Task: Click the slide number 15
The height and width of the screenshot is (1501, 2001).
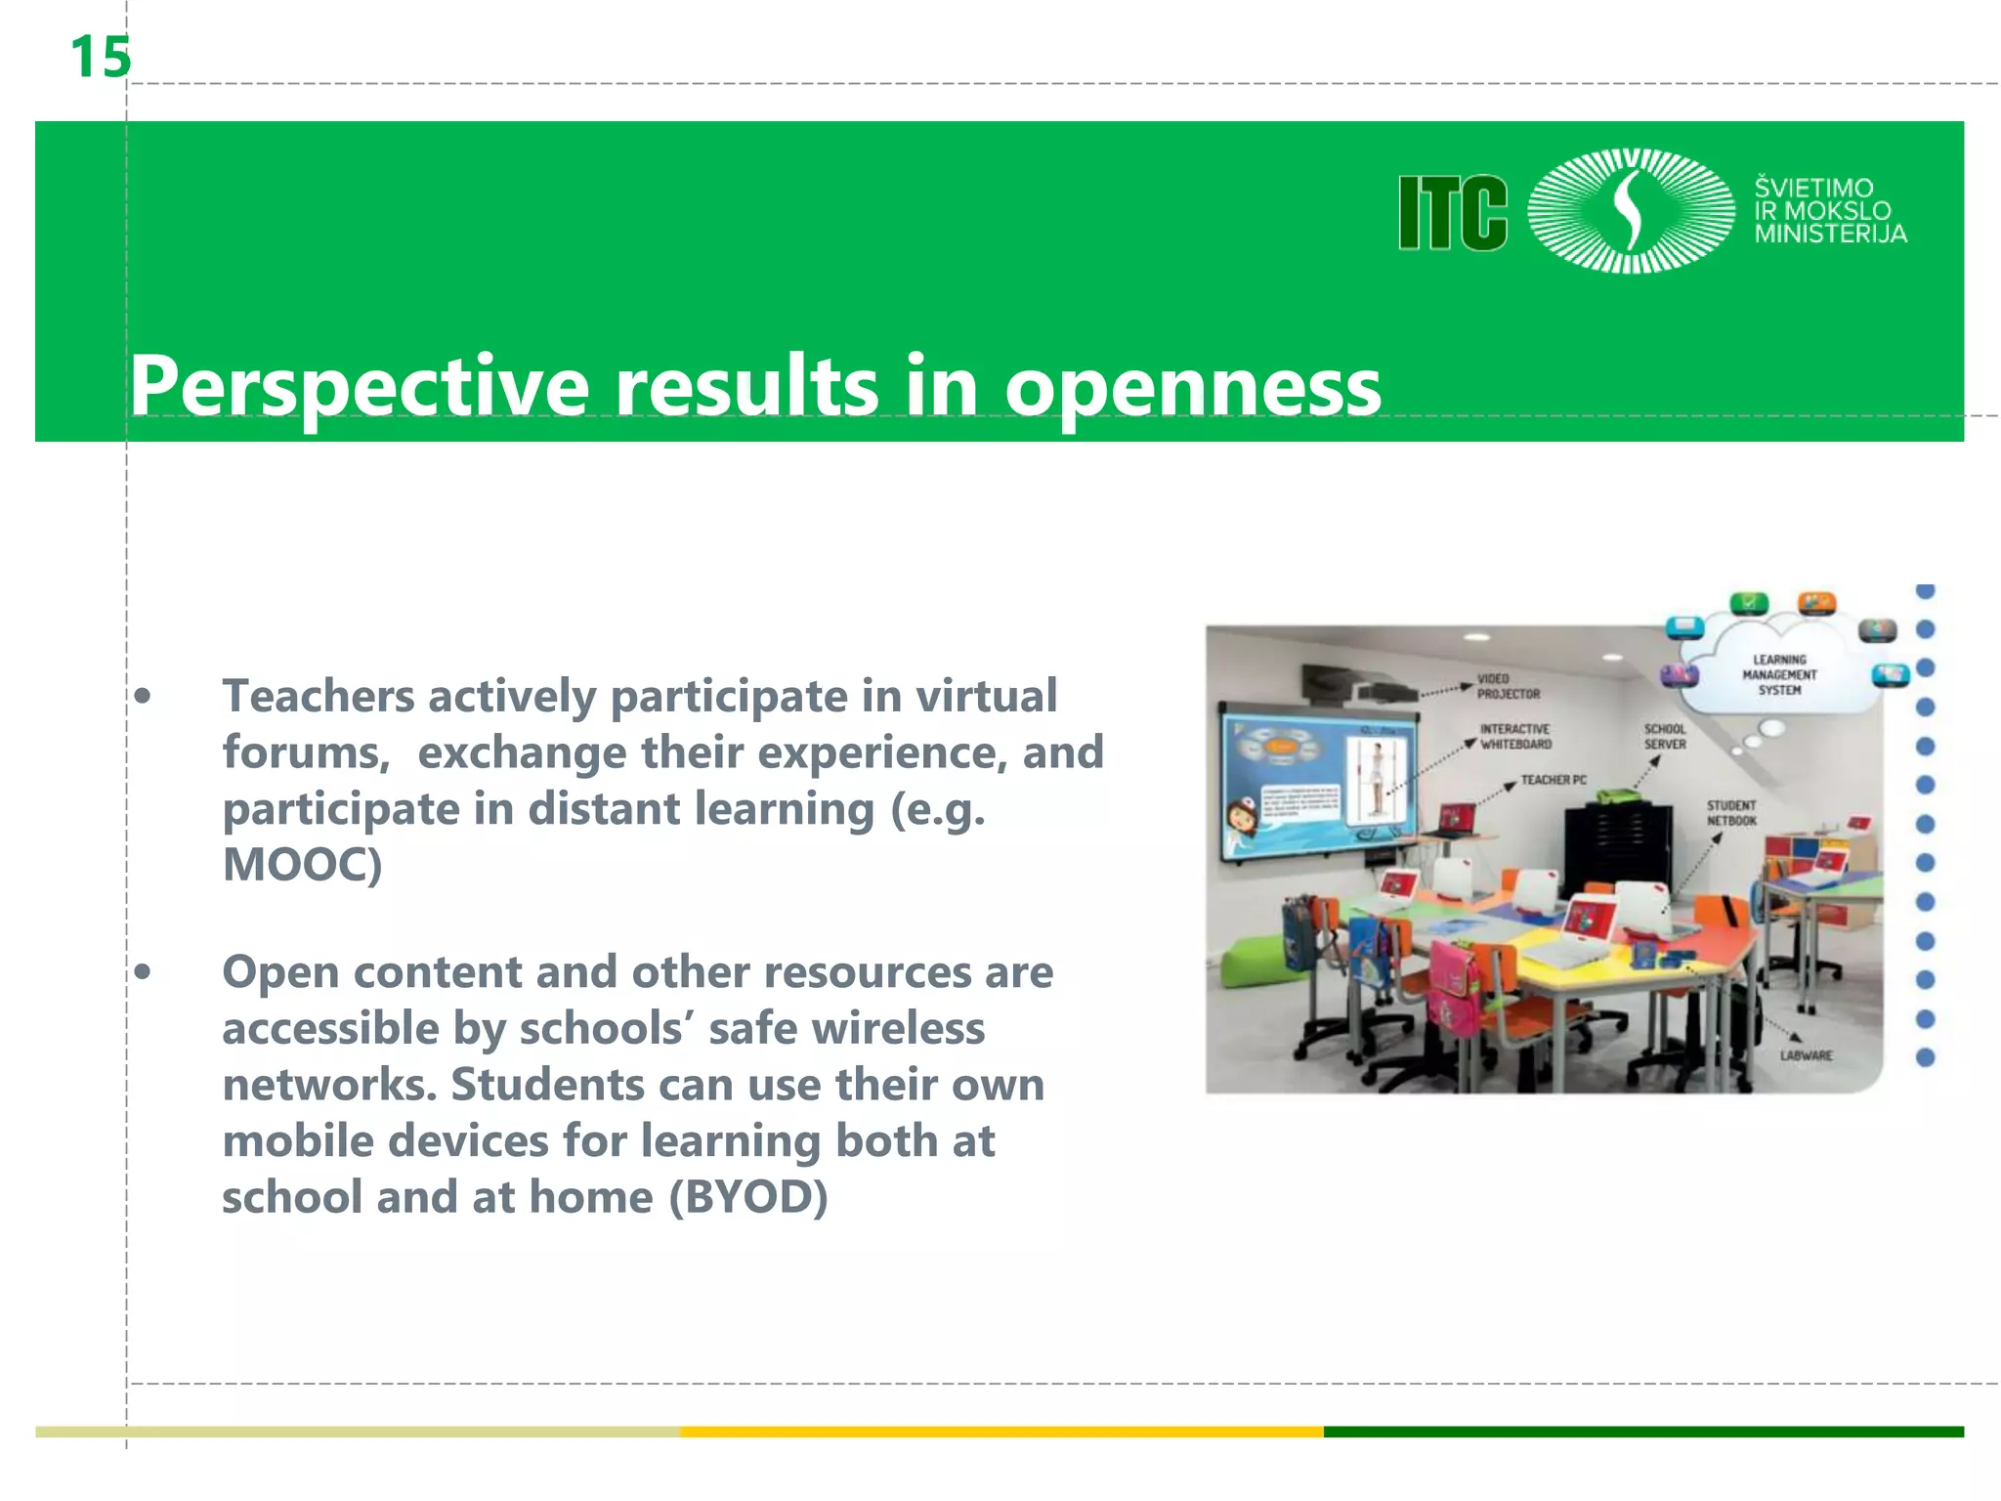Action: (x=100, y=57)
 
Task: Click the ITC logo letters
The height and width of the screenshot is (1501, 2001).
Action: (x=1452, y=213)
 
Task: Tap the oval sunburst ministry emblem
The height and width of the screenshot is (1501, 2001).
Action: (x=1630, y=210)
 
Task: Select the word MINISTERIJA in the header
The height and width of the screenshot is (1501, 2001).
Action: (x=1830, y=234)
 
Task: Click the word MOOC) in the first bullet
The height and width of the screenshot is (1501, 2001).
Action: (x=302, y=865)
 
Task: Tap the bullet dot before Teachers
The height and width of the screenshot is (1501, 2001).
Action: (x=144, y=697)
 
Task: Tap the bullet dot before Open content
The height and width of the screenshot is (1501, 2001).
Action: (x=144, y=972)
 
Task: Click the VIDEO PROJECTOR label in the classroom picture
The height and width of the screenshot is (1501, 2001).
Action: (x=1508, y=686)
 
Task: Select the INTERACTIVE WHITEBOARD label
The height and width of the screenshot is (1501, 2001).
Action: (x=1514, y=737)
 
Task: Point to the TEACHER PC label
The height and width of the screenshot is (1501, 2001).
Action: (x=1553, y=780)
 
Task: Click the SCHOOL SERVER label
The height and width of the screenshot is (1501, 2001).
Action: (x=1665, y=737)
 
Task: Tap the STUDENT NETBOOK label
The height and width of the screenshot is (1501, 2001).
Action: (x=1731, y=813)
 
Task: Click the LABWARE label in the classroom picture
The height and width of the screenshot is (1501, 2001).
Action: (x=1806, y=1055)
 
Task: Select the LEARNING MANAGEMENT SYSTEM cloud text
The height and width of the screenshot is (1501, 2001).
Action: (x=1779, y=674)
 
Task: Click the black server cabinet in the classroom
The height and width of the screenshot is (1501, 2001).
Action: (x=1617, y=845)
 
